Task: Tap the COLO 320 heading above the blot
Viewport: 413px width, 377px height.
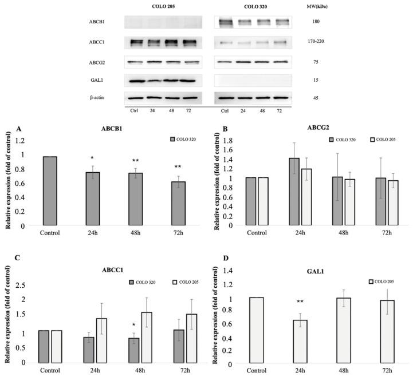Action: coord(253,6)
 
